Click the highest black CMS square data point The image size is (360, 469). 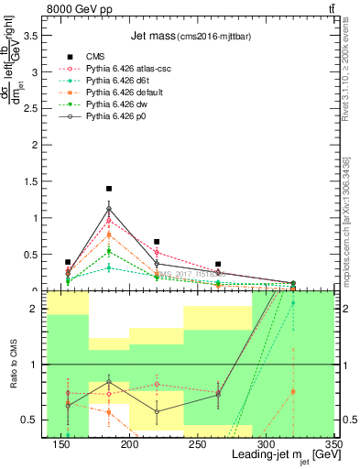(x=109, y=189)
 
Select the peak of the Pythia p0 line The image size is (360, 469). (x=109, y=209)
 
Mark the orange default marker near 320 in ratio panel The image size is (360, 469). (x=293, y=392)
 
